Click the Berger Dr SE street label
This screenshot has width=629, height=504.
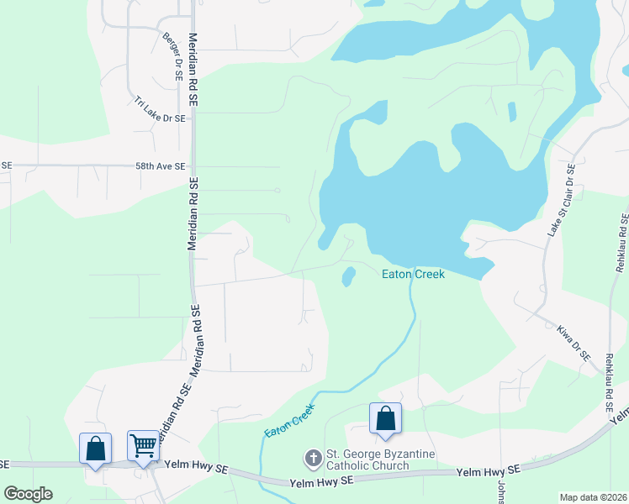(172, 56)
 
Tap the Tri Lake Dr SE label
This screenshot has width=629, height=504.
(159, 110)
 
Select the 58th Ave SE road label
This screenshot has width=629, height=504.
(160, 166)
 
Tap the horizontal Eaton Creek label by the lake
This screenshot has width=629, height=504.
(413, 274)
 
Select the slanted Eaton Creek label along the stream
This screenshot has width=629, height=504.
(289, 419)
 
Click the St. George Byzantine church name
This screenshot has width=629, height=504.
(367, 454)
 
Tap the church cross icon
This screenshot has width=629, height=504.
(312, 459)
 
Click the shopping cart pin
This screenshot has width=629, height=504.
(143, 445)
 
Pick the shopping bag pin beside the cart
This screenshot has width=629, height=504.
(95, 447)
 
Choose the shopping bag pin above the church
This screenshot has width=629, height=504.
(385, 417)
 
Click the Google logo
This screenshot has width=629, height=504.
(28, 494)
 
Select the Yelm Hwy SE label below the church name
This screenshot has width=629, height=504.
(320, 482)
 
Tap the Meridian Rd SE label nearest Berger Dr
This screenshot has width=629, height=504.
(193, 69)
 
